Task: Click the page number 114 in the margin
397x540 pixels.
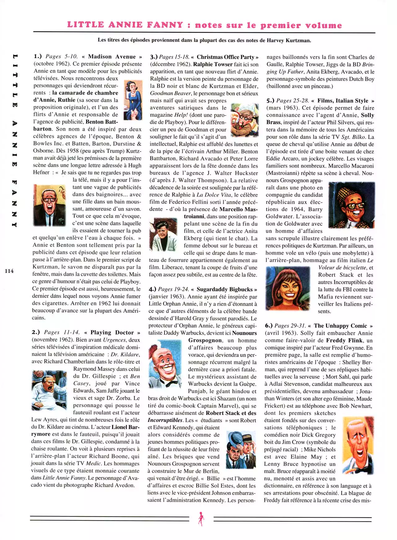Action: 9,271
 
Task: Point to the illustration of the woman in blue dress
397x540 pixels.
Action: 133,100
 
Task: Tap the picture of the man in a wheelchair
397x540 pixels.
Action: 49,390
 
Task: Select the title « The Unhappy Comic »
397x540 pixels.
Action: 340,326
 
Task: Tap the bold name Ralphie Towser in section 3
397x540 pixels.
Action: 212,64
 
